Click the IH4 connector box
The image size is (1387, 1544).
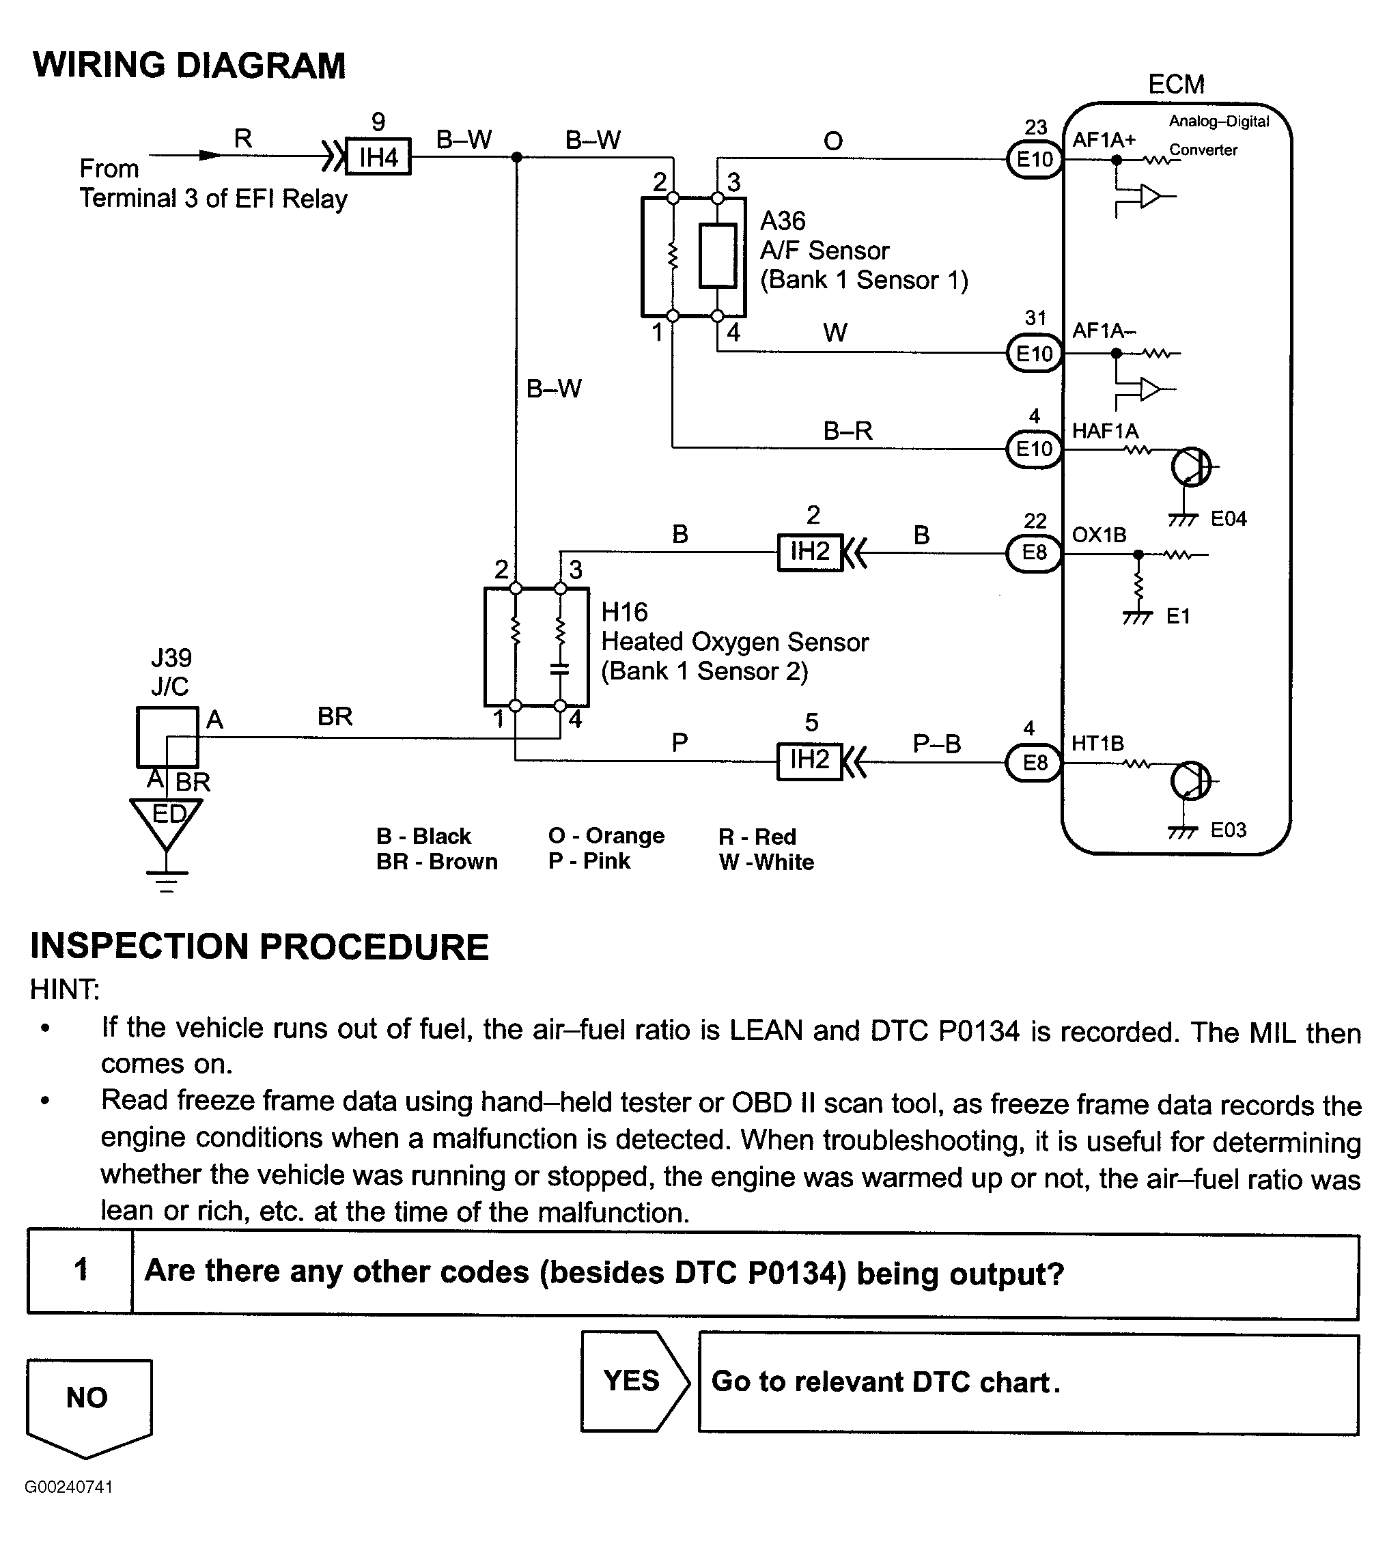378,157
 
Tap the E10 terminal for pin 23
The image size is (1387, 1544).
1034,159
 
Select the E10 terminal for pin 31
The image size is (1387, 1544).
1034,354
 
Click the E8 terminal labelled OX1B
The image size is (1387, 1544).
1033,552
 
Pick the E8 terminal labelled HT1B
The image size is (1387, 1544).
1033,762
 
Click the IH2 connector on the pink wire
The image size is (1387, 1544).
809,761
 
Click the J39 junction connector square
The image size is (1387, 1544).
167,737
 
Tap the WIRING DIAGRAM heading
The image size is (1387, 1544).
189,66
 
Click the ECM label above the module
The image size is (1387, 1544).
1176,85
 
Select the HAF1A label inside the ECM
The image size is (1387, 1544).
1104,432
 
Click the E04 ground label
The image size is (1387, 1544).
1228,519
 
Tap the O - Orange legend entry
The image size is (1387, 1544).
606,836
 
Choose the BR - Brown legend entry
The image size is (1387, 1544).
436,862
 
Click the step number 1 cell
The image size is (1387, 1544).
81,1270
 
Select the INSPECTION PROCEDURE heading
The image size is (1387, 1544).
259,947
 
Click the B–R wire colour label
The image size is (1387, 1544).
847,432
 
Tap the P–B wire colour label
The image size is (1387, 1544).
936,743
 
